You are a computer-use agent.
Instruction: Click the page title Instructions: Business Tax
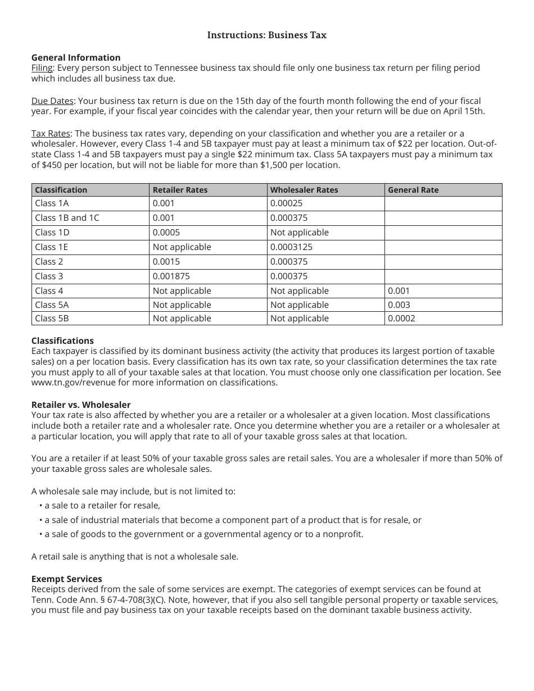click(x=266, y=35)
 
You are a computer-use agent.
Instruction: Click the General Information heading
click(x=76, y=57)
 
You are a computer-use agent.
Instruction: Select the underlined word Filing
click(x=42, y=68)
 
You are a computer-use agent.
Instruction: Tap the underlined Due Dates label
click(x=52, y=101)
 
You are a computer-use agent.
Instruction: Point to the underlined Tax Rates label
click(x=51, y=133)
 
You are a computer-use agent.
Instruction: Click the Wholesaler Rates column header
click(x=304, y=190)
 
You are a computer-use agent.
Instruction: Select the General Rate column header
click(x=413, y=190)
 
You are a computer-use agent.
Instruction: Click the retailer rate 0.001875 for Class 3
click(x=171, y=276)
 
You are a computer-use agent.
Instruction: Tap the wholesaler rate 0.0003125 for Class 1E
click(x=291, y=247)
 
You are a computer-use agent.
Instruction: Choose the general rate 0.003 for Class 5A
click(x=399, y=305)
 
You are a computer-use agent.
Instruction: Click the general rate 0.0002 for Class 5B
click(x=401, y=319)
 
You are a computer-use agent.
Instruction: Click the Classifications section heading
click(x=62, y=340)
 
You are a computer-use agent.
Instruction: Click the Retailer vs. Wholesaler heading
click(x=81, y=404)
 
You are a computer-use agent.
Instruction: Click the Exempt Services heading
click(x=67, y=579)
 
